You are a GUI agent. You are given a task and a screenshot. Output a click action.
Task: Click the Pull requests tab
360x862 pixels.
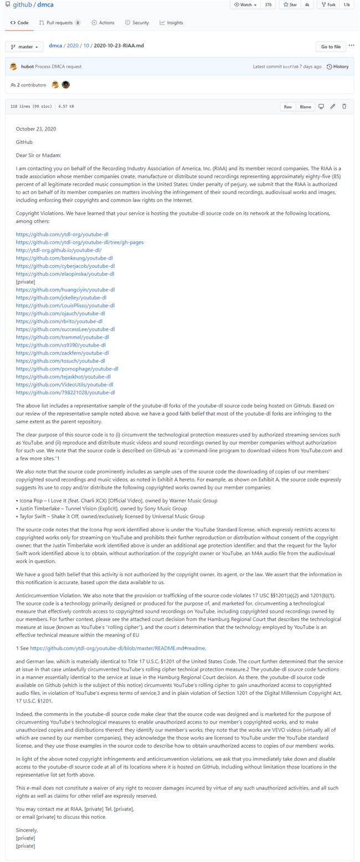pos(59,23)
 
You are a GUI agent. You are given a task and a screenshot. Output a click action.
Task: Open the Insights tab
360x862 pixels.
pos(171,23)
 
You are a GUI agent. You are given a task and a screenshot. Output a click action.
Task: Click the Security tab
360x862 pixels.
pos(137,23)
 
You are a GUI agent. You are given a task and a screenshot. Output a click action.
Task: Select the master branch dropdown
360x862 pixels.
pos(24,47)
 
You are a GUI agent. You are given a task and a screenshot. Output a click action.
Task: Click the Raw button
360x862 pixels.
pos(287,107)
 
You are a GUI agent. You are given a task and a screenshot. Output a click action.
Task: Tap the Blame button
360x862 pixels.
pos(305,107)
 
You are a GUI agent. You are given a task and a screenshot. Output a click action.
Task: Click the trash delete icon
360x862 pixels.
pos(344,106)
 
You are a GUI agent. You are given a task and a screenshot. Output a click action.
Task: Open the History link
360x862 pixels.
pos(338,66)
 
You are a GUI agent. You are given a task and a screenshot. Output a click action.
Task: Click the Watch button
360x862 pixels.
pos(245,4)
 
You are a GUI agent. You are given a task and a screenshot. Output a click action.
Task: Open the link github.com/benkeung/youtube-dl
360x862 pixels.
pos(64,258)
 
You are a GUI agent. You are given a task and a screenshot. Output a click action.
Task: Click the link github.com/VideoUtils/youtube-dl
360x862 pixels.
pos(65,384)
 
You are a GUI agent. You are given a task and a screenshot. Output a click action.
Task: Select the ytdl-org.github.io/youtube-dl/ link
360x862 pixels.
pos(59,250)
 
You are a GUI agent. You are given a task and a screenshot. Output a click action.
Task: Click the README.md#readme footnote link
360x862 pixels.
pos(117,648)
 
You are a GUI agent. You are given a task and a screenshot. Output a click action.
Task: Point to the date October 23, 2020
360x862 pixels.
pos(36,129)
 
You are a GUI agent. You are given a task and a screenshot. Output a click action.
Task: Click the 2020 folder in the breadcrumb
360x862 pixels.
pos(73,46)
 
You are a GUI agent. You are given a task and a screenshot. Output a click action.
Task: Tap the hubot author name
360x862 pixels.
pos(27,66)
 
